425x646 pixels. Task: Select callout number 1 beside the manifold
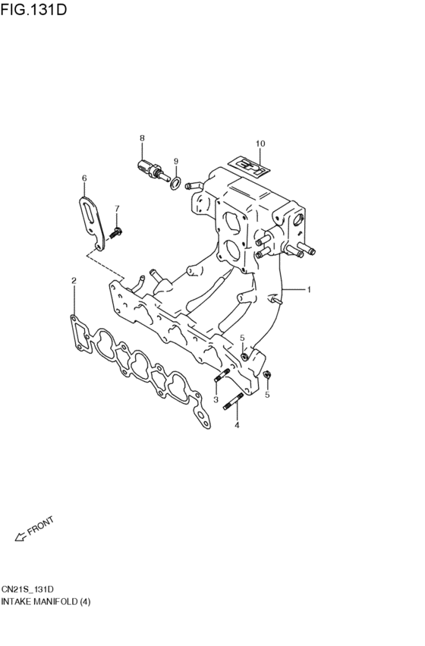pos(310,289)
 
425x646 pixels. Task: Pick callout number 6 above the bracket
pos(84,178)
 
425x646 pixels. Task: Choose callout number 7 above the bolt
pos(117,208)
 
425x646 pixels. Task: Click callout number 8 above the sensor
pos(141,137)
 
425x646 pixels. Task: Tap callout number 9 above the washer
pos(175,161)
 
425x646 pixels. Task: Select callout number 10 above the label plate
pos(260,143)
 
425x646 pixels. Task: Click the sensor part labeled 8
pos(151,169)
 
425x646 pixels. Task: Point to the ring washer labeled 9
pos(175,183)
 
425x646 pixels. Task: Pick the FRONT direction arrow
pos(20,537)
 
